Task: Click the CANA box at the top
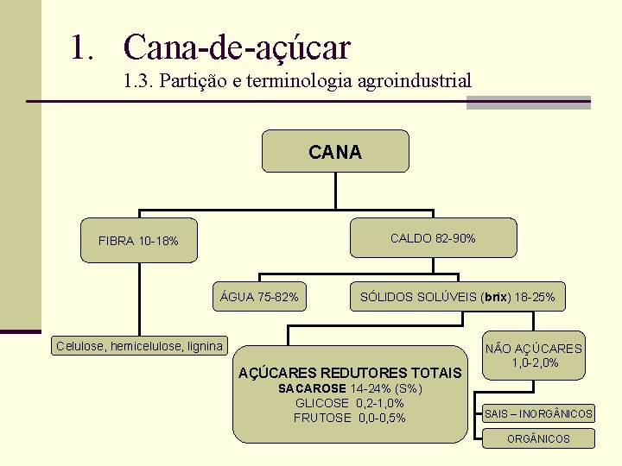[335, 152]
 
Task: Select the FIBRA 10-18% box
[139, 241]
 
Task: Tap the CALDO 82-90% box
[433, 238]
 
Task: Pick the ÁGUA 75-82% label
[260, 297]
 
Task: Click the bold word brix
[496, 297]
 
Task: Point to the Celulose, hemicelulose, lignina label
[139, 346]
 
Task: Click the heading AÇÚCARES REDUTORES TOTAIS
[350, 373]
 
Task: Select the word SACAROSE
[311, 388]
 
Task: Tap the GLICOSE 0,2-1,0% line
[350, 403]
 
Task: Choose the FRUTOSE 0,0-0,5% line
[350, 418]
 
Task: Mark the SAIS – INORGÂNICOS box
[538, 414]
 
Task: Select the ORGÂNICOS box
[538, 438]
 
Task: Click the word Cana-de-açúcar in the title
[237, 47]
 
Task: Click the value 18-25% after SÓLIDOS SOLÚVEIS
[536, 297]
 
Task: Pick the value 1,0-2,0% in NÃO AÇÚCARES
[535, 362]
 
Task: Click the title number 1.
[83, 47]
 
